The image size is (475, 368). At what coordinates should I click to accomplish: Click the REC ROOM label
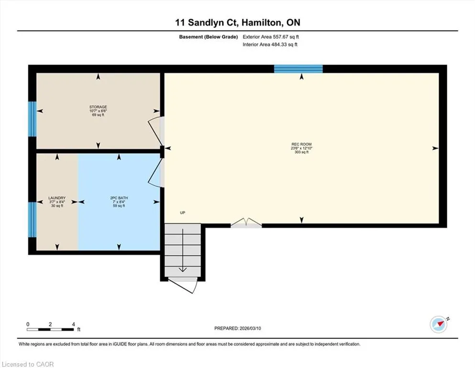[x=301, y=144]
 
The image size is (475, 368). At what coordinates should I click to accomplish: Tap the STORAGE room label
[x=98, y=107]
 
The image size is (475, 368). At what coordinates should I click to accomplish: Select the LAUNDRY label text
[x=57, y=198]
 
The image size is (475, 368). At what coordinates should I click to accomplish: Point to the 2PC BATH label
[x=119, y=198]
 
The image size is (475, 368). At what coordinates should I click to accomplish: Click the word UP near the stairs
[x=182, y=213]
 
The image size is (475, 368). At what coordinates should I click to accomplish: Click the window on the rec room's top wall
[x=298, y=69]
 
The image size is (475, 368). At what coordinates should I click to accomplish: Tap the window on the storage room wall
[x=33, y=119]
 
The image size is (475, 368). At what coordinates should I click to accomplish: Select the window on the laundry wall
[x=33, y=219]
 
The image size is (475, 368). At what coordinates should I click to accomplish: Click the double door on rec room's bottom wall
[x=246, y=223]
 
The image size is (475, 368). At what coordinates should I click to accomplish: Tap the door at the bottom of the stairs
[x=183, y=285]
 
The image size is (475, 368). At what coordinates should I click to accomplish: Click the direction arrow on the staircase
[x=183, y=250]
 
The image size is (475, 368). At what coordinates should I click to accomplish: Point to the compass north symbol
[x=439, y=324]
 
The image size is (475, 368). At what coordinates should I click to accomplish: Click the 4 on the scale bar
[x=73, y=324]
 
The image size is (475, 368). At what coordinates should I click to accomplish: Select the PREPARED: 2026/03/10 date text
[x=237, y=328]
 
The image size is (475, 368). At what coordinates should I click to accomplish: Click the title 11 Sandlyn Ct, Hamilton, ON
[x=238, y=23]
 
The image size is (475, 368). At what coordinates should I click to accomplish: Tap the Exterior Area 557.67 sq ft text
[x=271, y=37]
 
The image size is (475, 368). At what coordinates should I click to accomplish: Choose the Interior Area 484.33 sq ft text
[x=270, y=44]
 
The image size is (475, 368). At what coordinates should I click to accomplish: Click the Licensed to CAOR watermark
[x=28, y=364]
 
